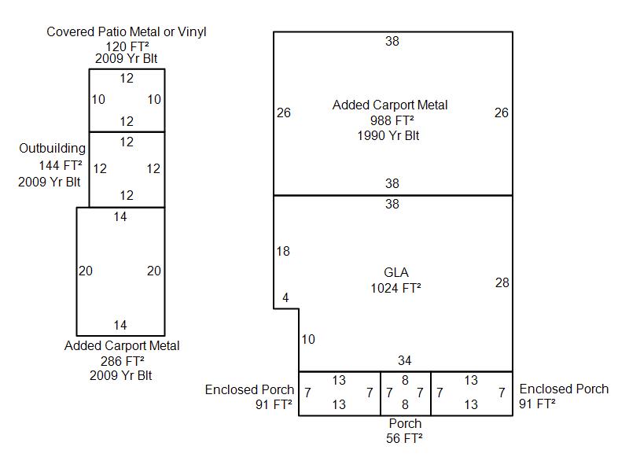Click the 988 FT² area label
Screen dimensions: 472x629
(392, 120)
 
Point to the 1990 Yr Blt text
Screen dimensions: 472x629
(388, 135)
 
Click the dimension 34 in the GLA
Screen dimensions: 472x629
(404, 361)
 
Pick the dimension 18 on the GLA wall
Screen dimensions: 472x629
(283, 252)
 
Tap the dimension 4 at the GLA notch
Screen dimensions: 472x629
(285, 298)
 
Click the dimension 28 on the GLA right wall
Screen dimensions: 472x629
(502, 283)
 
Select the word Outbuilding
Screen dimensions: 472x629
(53, 148)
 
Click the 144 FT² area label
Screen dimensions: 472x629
(61, 165)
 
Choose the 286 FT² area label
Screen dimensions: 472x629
(122, 361)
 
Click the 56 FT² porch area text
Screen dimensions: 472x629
(404, 438)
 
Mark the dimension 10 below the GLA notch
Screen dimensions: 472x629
(308, 340)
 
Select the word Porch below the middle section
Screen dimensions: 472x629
(405, 424)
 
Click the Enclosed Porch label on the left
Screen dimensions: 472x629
(250, 389)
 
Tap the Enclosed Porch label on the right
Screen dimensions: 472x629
(564, 389)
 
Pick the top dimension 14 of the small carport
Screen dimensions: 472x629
(120, 217)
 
